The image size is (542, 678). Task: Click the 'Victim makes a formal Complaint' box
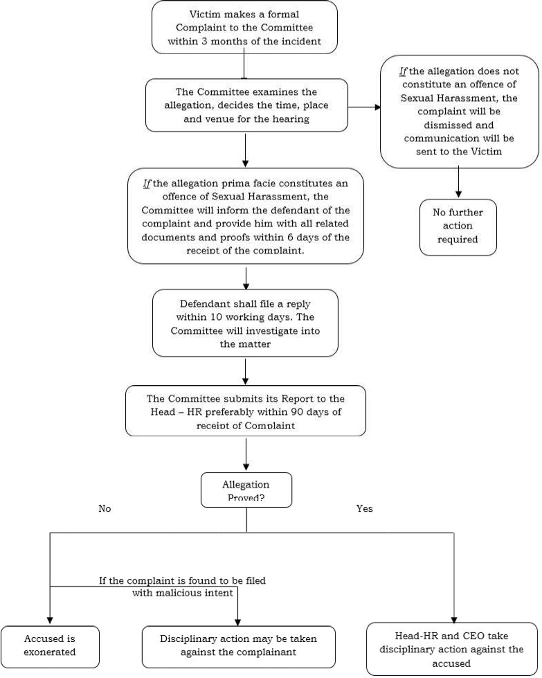(x=244, y=27)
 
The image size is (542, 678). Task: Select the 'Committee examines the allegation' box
(x=246, y=105)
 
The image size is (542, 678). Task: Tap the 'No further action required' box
(x=458, y=226)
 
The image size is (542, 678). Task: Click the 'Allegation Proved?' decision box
(x=246, y=490)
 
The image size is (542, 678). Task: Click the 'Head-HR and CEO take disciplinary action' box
(x=452, y=649)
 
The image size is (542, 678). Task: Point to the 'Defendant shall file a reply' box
(x=245, y=323)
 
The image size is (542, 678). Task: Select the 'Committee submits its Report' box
(x=245, y=411)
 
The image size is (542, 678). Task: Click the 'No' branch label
(x=105, y=508)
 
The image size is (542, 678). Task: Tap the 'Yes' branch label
(x=364, y=508)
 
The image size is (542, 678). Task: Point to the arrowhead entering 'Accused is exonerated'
(x=50, y=621)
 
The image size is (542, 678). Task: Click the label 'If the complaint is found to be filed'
(x=182, y=580)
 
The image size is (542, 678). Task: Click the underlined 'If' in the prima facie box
(x=146, y=184)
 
